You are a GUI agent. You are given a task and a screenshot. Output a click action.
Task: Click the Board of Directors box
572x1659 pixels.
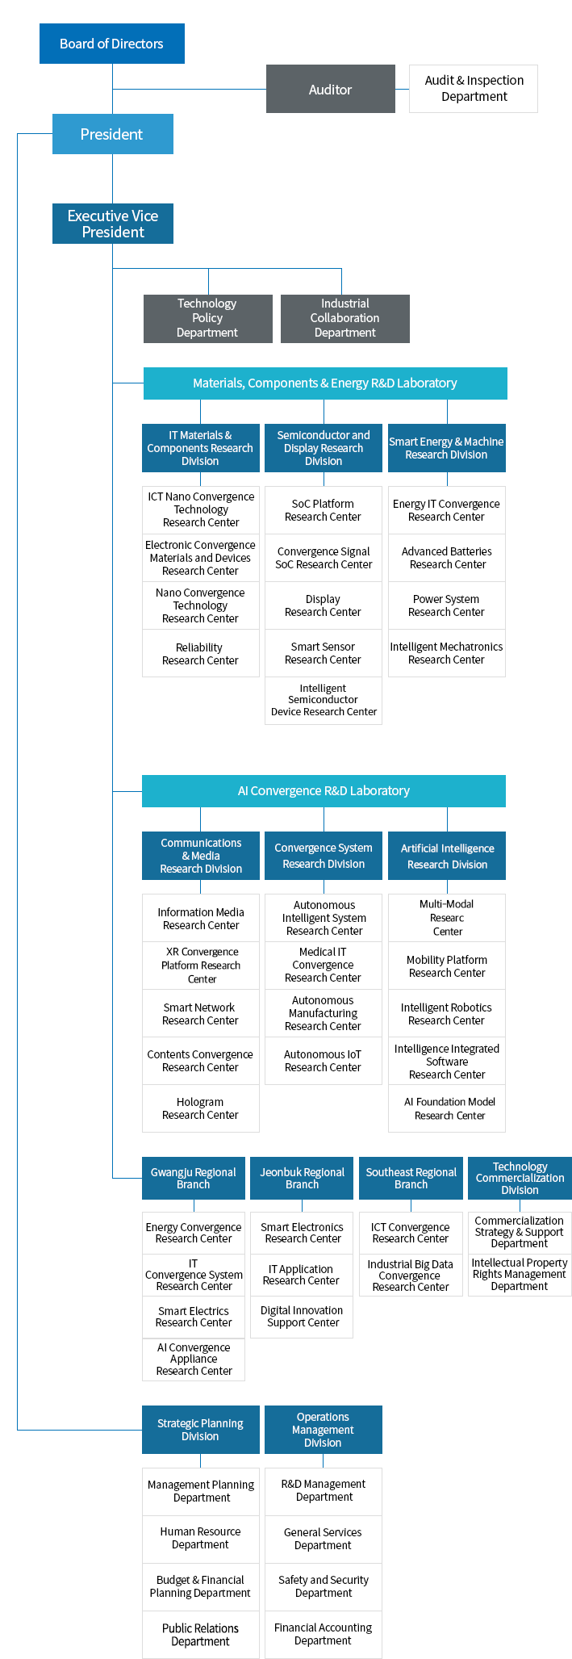111,44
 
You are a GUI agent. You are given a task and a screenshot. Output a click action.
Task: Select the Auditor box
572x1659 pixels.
330,89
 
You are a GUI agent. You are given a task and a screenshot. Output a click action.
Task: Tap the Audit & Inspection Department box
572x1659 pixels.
474,89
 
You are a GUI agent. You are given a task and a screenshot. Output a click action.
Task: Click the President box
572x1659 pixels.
112,134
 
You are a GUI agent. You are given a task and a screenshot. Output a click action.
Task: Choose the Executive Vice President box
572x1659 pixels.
113,224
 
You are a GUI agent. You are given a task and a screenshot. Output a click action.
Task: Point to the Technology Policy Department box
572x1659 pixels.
207,318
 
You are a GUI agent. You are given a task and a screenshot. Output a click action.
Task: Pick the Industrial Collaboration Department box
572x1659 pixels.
344,318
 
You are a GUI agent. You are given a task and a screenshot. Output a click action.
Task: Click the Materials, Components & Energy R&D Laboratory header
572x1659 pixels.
324,383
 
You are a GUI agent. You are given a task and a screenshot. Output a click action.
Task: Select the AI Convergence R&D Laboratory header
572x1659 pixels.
324,791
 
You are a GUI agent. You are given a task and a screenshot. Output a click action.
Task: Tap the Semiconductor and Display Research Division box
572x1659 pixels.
324,448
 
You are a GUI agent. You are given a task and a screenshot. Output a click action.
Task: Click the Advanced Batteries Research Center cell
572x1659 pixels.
447,558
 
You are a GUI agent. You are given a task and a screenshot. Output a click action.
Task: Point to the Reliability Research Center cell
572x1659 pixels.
200,654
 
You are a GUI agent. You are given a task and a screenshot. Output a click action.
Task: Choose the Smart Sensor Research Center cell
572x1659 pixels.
323,653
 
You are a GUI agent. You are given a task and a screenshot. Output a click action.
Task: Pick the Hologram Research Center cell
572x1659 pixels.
200,1108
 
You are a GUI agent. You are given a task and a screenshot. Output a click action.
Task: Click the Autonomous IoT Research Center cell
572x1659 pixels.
323,1061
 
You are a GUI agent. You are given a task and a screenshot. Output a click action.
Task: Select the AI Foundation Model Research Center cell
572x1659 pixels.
449,1108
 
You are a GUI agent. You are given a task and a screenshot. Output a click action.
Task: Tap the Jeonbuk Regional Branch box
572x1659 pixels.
302,1179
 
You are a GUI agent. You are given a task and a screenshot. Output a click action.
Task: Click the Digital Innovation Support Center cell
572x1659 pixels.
302,1317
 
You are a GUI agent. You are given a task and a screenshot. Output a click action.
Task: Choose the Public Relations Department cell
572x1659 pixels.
200,1635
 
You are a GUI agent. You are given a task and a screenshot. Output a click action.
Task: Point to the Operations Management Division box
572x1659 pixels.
323,1430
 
